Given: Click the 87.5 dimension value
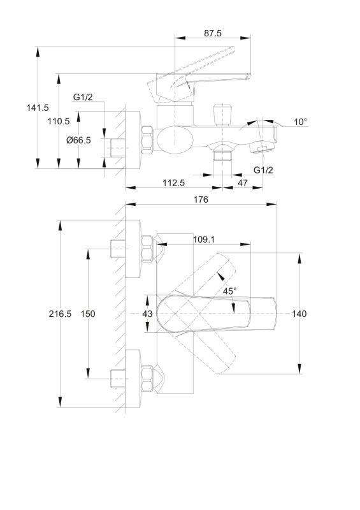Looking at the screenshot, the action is pos(213,33).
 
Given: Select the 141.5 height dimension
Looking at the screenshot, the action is pos(38,108).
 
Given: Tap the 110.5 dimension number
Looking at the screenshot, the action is pos(59,121).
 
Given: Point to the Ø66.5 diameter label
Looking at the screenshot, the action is pos(78,140).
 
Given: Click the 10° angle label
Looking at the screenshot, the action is pos(301,122).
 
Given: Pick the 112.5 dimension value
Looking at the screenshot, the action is pos(174,183).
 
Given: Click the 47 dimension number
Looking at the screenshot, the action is pos(242,183).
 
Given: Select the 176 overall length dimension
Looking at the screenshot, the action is pos(201,200).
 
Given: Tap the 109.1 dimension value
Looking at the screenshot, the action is pos(204,240).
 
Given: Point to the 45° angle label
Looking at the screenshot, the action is pos(229,291).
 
